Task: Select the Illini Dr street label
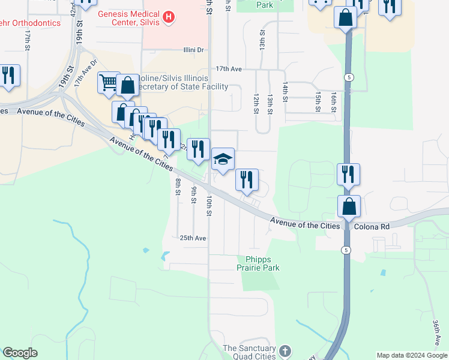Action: [x=193, y=50]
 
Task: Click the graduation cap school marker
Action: [x=222, y=159]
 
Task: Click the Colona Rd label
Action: [x=372, y=227]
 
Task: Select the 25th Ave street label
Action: [x=193, y=238]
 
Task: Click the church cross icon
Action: [x=285, y=350]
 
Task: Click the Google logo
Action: [x=20, y=353]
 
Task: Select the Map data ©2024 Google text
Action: [x=411, y=355]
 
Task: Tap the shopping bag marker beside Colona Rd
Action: [x=349, y=207]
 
